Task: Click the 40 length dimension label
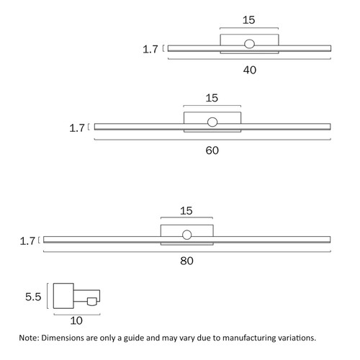(x=250, y=70)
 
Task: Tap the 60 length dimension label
(x=212, y=150)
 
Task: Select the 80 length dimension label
(x=186, y=261)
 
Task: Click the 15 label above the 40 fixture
(x=248, y=20)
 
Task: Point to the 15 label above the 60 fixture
(x=212, y=98)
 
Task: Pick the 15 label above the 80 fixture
(x=186, y=211)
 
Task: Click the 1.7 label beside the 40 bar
(x=150, y=50)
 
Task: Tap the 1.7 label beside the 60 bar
(x=77, y=128)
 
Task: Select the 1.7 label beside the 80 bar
(x=27, y=241)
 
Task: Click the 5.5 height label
(x=33, y=297)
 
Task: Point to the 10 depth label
(x=76, y=320)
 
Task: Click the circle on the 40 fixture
(x=249, y=44)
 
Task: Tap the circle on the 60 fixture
(x=212, y=122)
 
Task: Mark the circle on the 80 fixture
(x=186, y=235)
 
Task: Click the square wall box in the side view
(x=63, y=296)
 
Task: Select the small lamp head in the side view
(x=92, y=302)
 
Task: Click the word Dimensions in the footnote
(x=63, y=338)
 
